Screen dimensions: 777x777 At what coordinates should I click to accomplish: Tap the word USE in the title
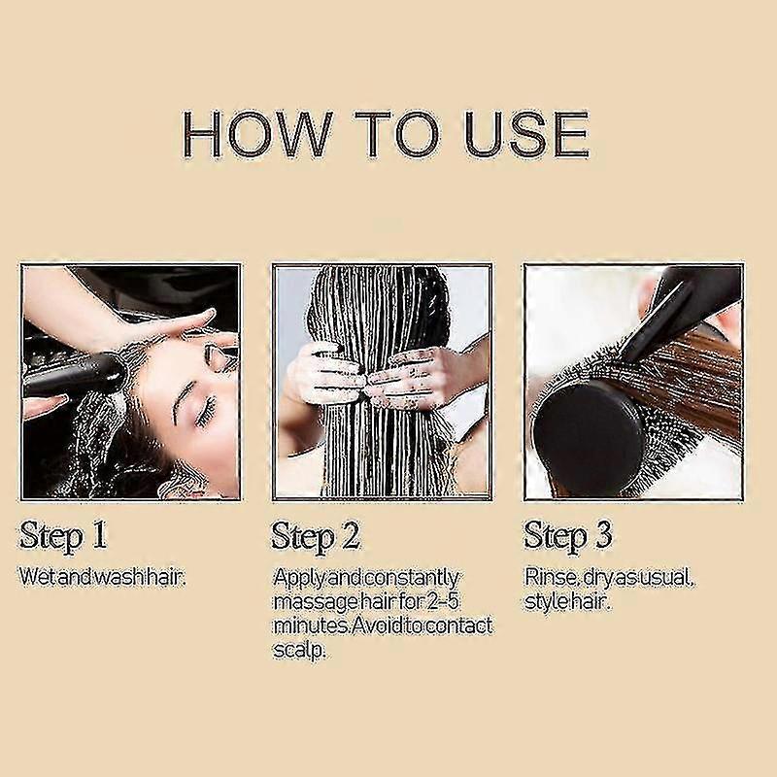point(524,134)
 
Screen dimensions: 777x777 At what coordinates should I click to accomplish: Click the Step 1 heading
point(63,536)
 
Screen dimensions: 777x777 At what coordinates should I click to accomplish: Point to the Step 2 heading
point(316,537)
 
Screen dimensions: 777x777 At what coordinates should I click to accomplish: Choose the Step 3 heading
point(568,537)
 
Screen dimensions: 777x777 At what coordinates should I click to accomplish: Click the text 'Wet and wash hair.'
point(102,577)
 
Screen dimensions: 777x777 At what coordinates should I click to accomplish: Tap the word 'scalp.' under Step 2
point(299,650)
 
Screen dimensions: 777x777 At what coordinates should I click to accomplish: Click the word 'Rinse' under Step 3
point(551,577)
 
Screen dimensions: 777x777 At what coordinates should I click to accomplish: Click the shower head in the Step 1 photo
point(75,374)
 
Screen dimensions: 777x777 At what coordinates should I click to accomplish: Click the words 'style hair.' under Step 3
point(567,602)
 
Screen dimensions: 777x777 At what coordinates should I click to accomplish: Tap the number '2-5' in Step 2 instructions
point(440,602)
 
